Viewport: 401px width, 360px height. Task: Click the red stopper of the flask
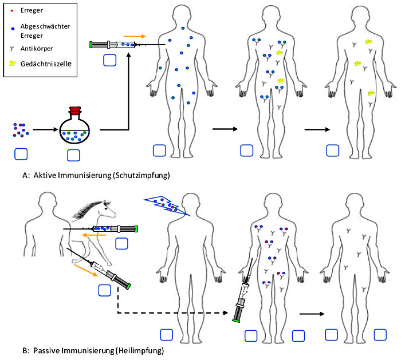74,112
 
